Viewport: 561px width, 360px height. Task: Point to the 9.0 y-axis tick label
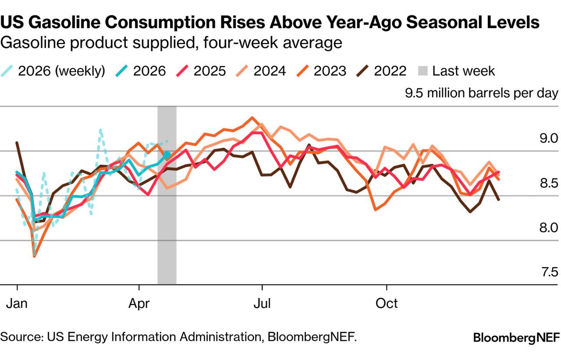(x=549, y=139)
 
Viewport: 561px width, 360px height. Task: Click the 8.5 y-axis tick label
(x=549, y=183)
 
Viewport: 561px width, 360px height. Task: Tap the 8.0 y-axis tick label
(x=549, y=228)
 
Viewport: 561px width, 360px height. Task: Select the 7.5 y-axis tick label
(x=549, y=272)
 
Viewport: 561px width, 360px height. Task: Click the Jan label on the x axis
(x=17, y=303)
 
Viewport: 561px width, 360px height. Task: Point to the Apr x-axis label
(x=139, y=303)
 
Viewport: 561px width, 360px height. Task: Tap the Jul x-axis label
(x=262, y=303)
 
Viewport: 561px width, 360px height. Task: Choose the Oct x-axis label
(x=387, y=303)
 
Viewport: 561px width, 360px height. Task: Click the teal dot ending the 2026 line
(x=167, y=154)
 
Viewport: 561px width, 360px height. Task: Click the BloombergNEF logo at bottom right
(x=516, y=338)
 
